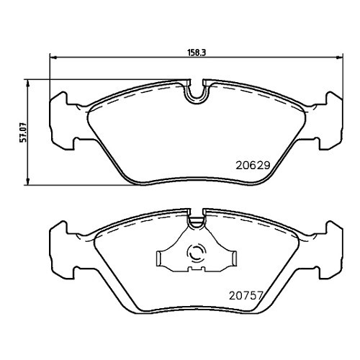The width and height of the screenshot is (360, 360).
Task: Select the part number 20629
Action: pos(253,163)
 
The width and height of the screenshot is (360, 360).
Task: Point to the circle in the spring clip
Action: pos(195,253)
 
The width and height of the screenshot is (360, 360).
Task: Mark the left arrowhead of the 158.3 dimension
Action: pos(53,58)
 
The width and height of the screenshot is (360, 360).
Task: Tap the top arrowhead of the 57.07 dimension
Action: pos(29,81)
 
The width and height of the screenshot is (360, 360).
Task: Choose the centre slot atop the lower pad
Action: pos(195,213)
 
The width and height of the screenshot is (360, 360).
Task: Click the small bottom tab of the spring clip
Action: pos(194,271)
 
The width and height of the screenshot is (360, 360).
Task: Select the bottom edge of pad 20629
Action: pos(194,183)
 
